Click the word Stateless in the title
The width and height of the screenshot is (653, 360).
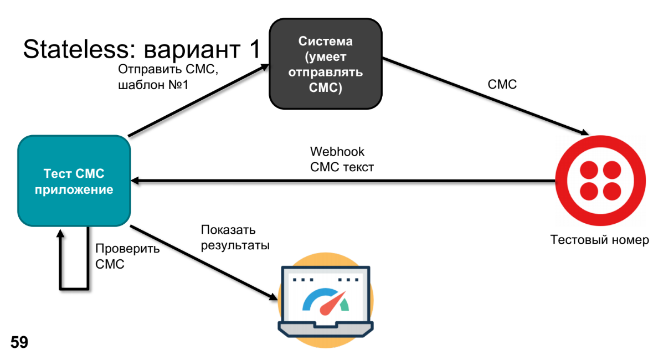[74, 50]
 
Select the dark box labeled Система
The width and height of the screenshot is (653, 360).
[326, 64]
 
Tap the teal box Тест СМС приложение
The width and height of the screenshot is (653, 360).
[74, 181]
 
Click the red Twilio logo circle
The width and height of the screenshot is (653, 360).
[600, 181]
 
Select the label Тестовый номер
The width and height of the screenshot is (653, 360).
[599, 240]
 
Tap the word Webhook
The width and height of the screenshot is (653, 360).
[337, 151]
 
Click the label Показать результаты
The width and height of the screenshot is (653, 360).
[235, 238]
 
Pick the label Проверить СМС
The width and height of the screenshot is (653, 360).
[127, 256]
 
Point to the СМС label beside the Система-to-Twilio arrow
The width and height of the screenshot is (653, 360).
[502, 85]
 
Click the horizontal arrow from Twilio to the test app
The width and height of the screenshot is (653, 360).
[343, 181]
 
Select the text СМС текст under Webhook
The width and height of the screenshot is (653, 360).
[342, 167]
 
